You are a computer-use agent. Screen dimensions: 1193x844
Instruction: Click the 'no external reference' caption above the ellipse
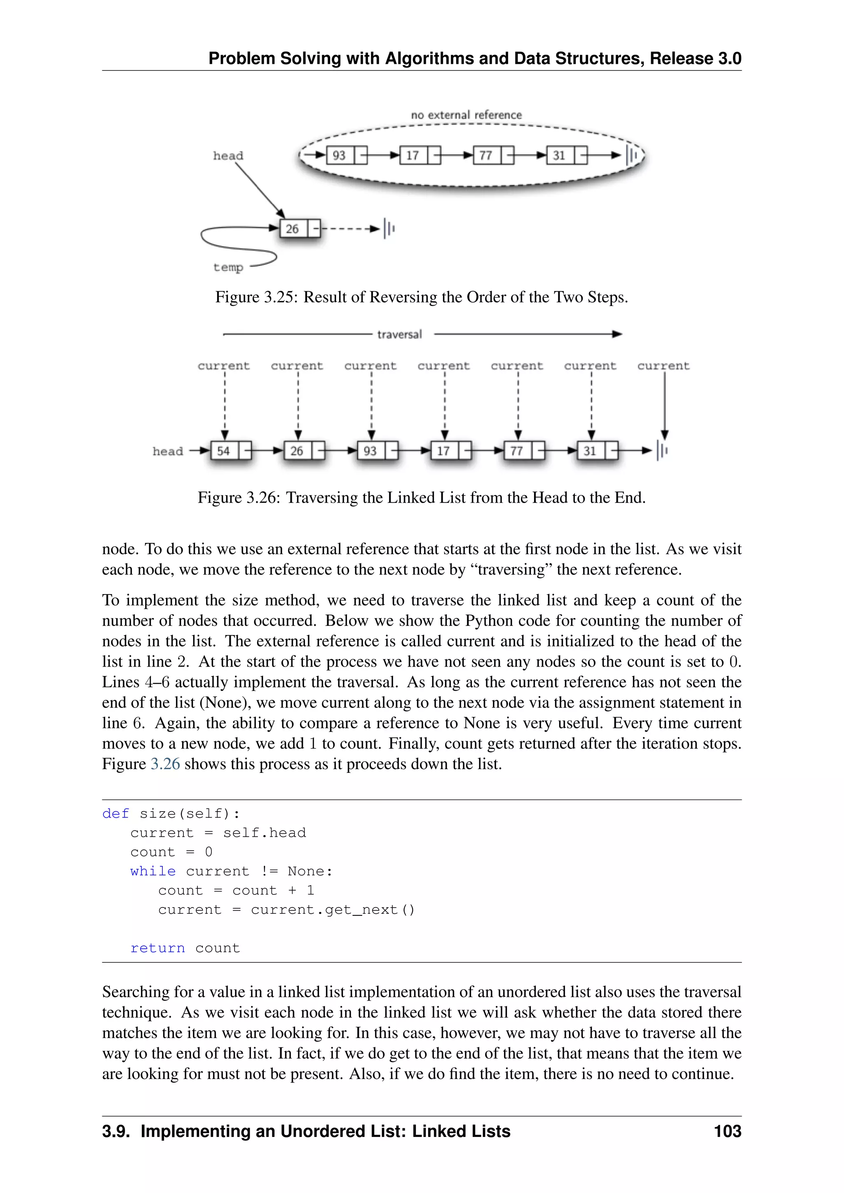coord(466,115)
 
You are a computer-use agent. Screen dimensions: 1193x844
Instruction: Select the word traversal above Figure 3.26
coord(399,334)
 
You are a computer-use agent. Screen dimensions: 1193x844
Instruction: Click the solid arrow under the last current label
coord(664,405)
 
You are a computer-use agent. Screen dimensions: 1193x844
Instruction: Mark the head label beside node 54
coord(167,451)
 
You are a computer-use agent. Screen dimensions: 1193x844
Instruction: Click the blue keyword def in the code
coord(115,813)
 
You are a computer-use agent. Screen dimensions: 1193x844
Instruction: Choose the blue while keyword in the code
coord(153,871)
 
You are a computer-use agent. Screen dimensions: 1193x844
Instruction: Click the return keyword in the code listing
coord(157,948)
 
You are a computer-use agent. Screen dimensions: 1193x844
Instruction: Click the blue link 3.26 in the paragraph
coord(165,764)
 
